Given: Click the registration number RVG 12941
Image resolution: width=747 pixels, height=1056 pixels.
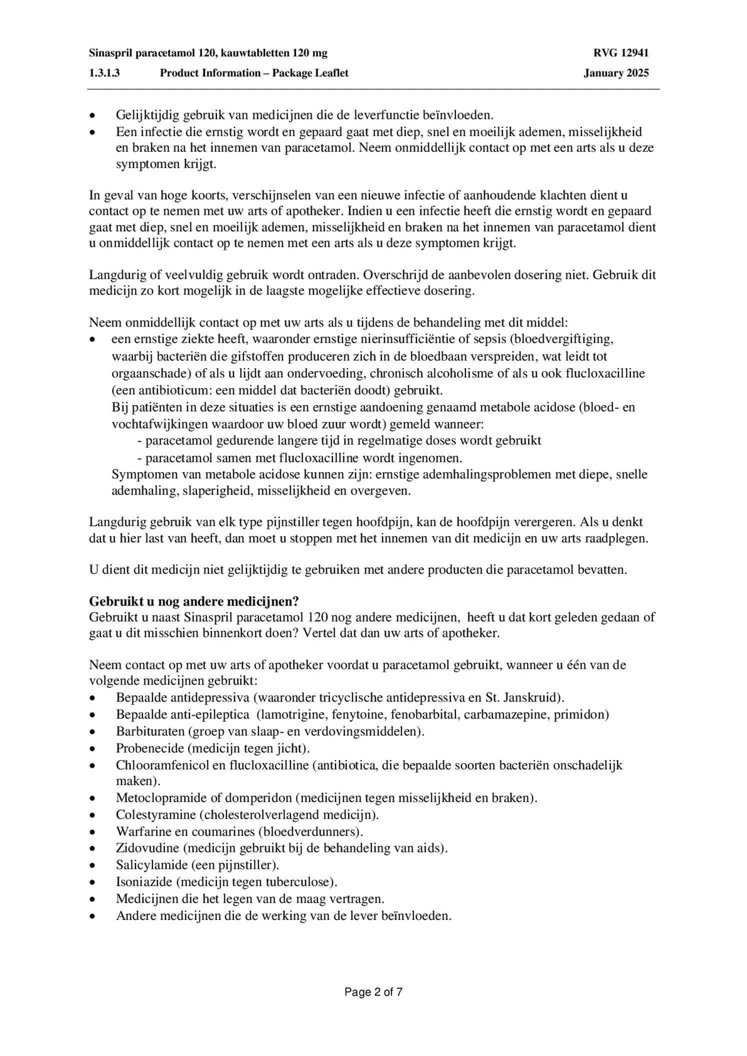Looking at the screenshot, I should pos(621,53).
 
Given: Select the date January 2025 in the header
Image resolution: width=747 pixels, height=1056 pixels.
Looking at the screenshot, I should pos(616,73).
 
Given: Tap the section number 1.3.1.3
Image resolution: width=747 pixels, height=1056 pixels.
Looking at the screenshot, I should pos(104,73).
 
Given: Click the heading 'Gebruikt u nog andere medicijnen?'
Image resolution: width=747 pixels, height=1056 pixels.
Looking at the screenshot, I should pos(194,600).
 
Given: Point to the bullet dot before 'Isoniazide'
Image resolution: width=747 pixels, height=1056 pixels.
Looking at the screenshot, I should pos(92,882).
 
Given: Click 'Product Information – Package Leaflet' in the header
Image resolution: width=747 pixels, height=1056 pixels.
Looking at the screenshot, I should pos(254,73).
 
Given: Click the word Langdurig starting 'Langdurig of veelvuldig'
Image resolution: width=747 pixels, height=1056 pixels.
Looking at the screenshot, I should pos(113,275).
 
